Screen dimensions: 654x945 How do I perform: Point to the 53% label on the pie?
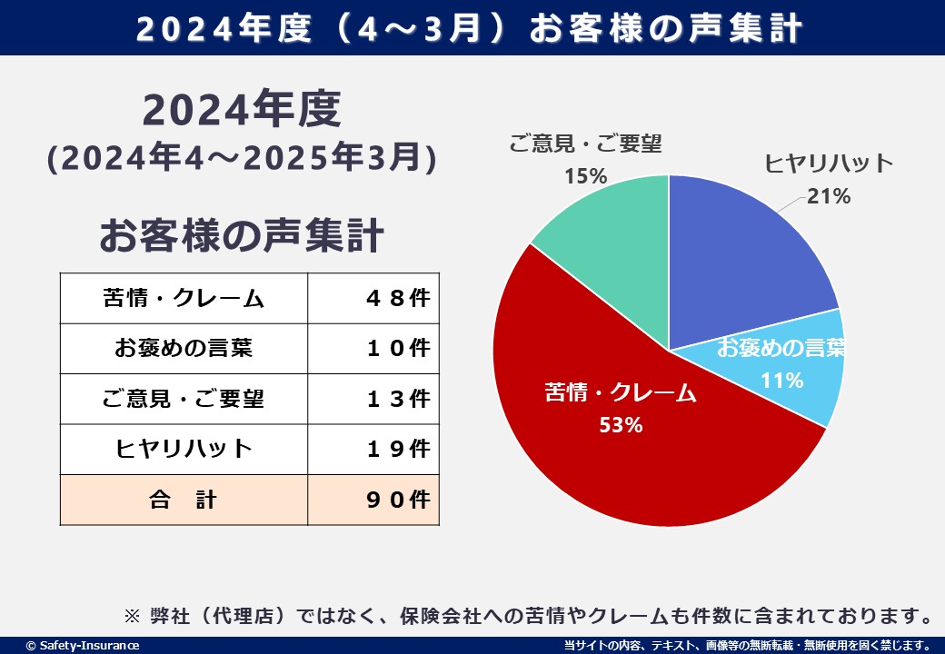[x=621, y=424]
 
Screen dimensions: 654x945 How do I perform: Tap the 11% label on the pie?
[x=781, y=381]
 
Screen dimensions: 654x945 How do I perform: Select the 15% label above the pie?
[x=585, y=176]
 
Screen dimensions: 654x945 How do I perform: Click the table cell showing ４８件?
[x=373, y=298]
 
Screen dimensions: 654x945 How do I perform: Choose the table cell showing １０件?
[x=373, y=348]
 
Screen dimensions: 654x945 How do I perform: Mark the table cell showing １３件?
[x=373, y=399]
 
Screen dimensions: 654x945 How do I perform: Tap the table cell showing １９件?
[x=373, y=449]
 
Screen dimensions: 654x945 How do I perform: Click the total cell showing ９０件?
[x=373, y=500]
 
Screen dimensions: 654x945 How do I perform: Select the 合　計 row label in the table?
[x=184, y=500]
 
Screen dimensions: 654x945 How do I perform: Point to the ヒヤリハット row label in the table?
[x=184, y=449]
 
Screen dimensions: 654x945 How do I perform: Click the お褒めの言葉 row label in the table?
[x=184, y=348]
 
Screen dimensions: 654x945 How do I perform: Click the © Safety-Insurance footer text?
[x=83, y=645]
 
